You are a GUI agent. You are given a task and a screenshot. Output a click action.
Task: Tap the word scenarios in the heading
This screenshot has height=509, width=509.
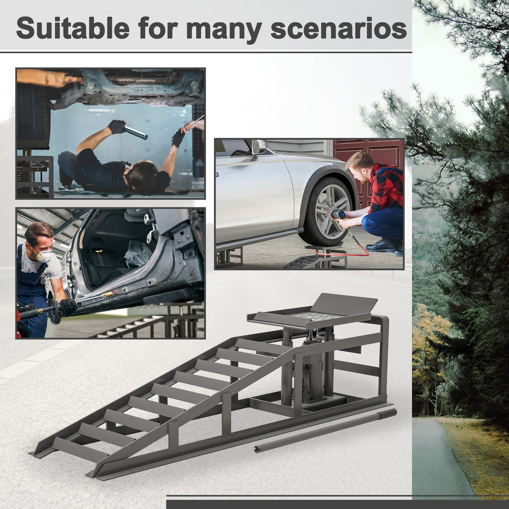click(338, 29)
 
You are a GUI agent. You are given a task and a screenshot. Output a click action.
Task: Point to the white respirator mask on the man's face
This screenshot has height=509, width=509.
click(43, 256)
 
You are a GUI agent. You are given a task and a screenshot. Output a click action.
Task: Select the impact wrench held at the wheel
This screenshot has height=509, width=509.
click(338, 215)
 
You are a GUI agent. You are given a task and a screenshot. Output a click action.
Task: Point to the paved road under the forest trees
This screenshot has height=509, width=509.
click(436, 461)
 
